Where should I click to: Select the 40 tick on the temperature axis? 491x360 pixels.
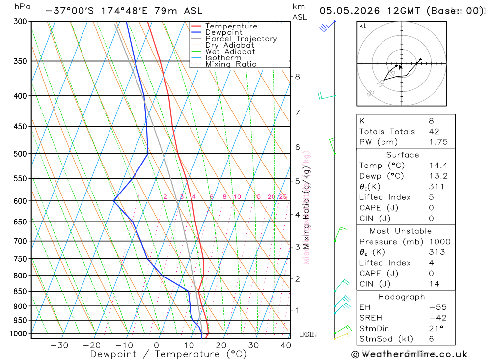(285, 345)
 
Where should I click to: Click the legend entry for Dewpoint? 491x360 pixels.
(223, 32)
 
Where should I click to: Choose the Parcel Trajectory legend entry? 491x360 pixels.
(241, 39)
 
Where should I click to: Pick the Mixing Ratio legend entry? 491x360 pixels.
(231, 64)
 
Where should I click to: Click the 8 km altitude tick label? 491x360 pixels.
(298, 76)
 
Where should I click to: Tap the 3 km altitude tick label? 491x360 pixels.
(298, 247)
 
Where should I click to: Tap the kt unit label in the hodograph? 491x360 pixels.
(363, 26)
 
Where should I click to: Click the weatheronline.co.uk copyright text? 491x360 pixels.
(409, 354)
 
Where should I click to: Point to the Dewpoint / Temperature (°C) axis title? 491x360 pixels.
(168, 354)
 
